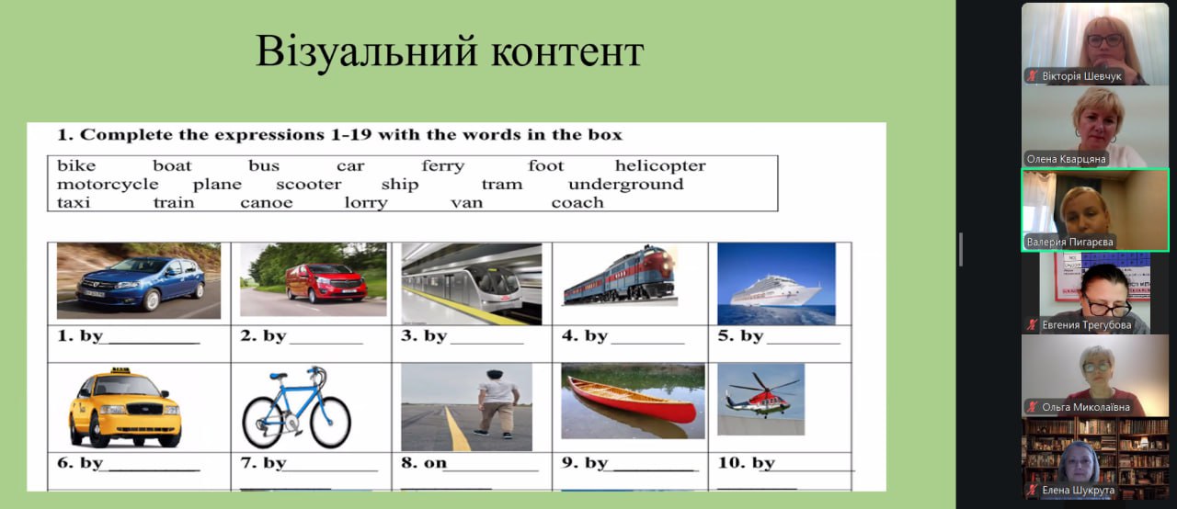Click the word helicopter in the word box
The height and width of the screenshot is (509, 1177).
point(660,165)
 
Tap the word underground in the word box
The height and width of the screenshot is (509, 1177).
point(626,185)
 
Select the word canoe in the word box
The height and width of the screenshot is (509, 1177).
point(267,202)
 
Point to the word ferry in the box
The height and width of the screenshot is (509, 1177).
point(443,166)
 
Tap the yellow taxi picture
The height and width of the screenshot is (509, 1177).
point(124,407)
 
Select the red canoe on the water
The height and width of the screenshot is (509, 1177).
point(629,402)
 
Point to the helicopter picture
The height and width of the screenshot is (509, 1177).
point(760,399)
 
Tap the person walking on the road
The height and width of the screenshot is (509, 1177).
point(497,404)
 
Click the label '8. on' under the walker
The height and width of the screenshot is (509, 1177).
point(424,463)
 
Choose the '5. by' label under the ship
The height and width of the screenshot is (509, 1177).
point(740,336)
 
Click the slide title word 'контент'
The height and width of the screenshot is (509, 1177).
point(567,51)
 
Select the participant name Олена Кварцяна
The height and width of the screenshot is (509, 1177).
point(1066,159)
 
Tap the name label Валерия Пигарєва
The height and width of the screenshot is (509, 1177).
point(1069,242)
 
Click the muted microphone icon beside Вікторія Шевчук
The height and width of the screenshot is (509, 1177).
point(1033,76)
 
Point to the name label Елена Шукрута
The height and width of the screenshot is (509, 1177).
point(1079,490)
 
